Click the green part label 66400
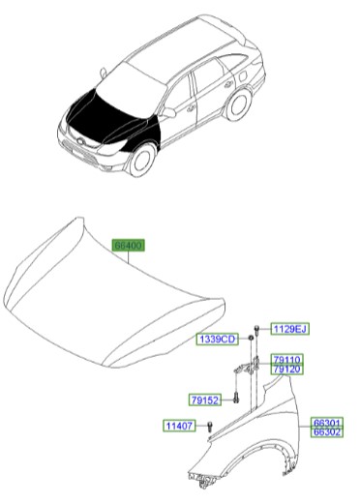tap(128, 247)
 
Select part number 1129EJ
tap(288, 330)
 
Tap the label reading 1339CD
tap(217, 340)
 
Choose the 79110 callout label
tap(286, 360)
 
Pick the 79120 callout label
tap(286, 370)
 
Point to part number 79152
tap(205, 399)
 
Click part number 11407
tap(179, 426)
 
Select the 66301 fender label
tap(327, 423)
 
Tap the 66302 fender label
tap(327, 432)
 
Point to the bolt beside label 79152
tap(234, 399)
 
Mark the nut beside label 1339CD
tap(250, 340)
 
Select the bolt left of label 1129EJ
tap(257, 330)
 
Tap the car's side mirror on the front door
tap(168, 112)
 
